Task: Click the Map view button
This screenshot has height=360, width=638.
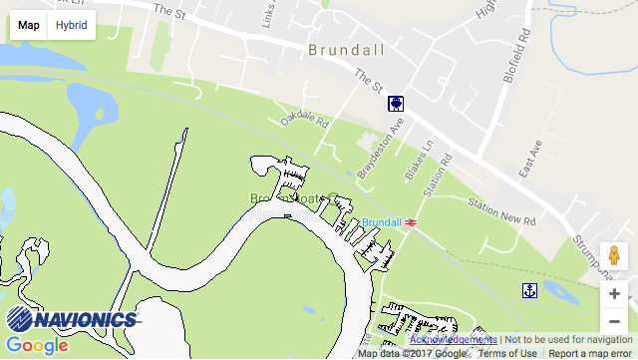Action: coord(29,25)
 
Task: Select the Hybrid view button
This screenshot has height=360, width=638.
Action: coord(71,25)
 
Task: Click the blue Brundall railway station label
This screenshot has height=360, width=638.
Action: coord(381,221)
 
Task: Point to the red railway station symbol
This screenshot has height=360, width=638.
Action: coord(409,222)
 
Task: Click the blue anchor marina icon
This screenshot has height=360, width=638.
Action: coord(530,290)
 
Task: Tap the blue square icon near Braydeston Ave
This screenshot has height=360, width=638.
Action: coord(396,104)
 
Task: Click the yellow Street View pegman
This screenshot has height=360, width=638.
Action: coord(615,257)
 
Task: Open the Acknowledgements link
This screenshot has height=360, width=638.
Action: coord(453,340)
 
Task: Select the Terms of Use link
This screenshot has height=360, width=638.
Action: coord(507,353)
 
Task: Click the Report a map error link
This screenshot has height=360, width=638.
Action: coord(590,353)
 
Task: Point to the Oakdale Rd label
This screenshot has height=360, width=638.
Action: coord(304,121)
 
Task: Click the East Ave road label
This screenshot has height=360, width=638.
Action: coord(530,159)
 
